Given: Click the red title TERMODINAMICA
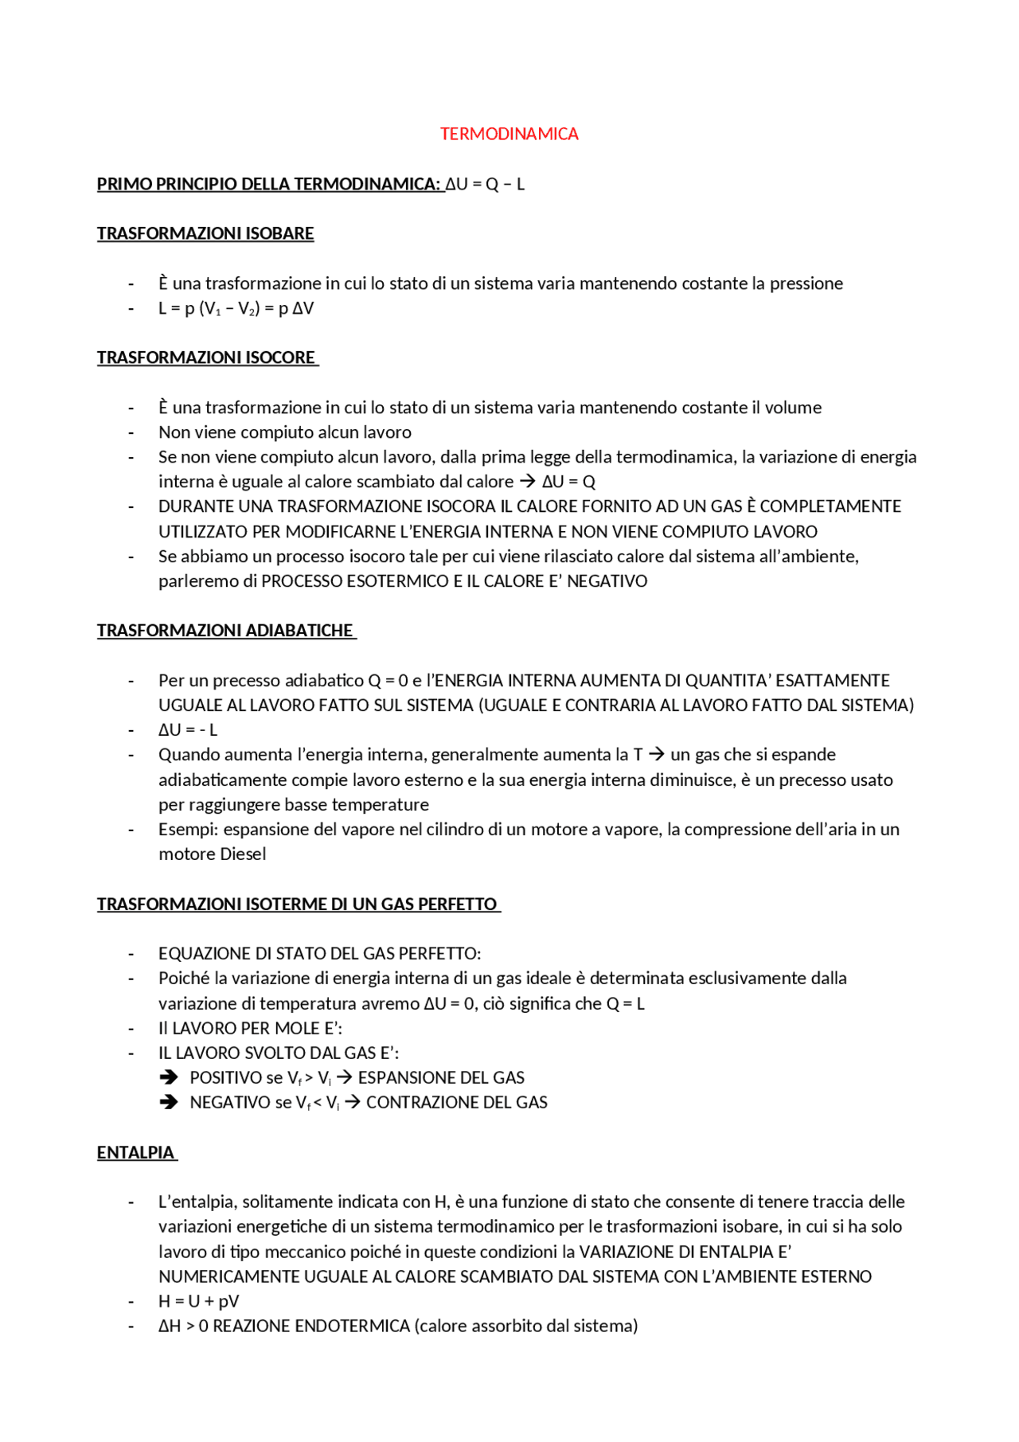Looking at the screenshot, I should pos(509,134).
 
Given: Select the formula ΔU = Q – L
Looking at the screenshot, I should pos(485,184).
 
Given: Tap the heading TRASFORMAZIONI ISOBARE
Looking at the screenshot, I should pos(205,233).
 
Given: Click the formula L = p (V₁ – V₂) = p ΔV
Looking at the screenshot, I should pos(236,308).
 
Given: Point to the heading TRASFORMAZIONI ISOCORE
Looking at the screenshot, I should pos(206,358).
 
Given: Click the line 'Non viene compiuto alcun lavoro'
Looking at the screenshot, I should pos(285,432).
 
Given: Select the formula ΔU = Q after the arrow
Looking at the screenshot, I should pos(568,482).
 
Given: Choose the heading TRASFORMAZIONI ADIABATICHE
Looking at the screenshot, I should pos(225,631).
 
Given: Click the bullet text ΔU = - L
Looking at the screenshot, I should pos(188,730).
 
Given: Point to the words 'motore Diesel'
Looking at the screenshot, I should pos(212,854).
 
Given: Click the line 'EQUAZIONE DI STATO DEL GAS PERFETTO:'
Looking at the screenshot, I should pos(319,954).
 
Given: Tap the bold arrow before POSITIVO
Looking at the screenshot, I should pos(168,1077).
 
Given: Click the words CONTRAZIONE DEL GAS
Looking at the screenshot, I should pos(456,1103).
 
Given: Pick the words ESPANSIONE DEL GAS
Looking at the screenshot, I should pos(441,1078).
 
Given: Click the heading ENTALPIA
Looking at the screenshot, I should pos(135,1153).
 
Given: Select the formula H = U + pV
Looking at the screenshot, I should pos(198,1301).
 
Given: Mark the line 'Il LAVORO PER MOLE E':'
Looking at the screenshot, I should pos(250,1028).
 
